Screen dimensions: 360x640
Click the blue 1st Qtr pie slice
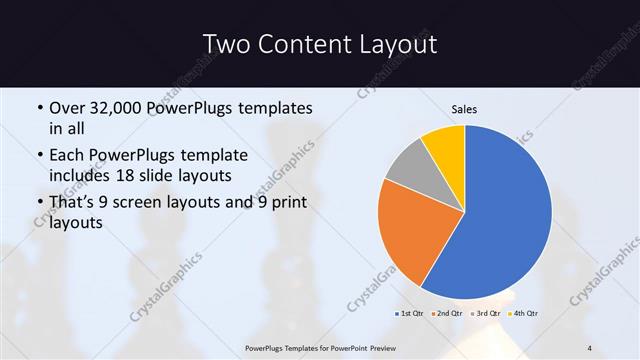click(x=510, y=215)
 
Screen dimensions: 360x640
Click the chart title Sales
click(x=465, y=108)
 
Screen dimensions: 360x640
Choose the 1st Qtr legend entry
click(x=410, y=314)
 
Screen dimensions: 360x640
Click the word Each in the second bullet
click(x=67, y=156)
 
